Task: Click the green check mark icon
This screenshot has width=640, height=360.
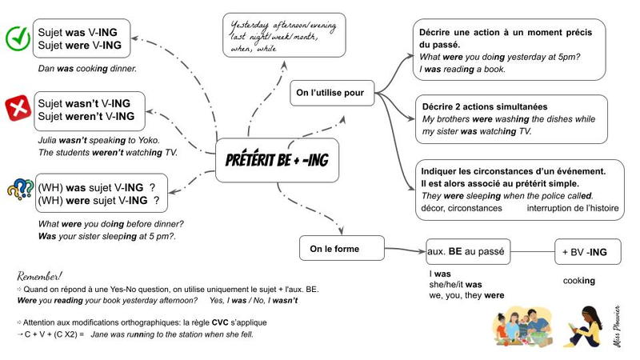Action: pyautogui.click(x=17, y=38)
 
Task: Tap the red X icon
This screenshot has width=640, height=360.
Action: pyautogui.click(x=17, y=107)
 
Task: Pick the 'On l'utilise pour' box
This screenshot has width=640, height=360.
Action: pyautogui.click(x=330, y=94)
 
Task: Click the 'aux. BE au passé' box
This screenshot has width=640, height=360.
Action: pyautogui.click(x=466, y=252)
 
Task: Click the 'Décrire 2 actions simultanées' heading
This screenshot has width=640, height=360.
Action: pyautogui.click(x=485, y=106)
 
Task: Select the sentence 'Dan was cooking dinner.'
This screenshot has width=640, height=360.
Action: pyautogui.click(x=87, y=69)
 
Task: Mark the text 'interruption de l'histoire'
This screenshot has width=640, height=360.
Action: pyautogui.click(x=572, y=208)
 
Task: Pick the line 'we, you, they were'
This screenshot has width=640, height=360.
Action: pyautogui.click(x=466, y=295)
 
